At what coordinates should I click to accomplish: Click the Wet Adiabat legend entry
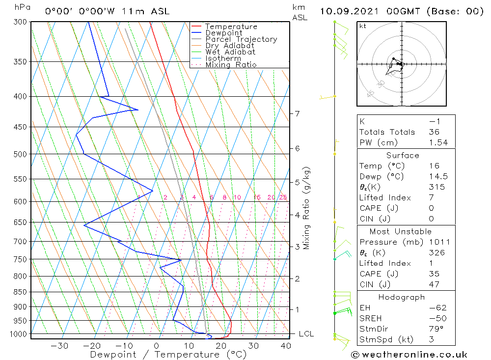click(230, 52)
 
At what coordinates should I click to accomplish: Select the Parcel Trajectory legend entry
click(241, 39)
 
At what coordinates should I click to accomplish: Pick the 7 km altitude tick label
click(297, 113)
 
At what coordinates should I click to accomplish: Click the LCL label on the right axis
click(306, 334)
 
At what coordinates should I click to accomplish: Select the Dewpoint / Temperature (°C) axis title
click(168, 354)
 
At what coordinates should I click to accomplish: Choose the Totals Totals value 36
click(434, 132)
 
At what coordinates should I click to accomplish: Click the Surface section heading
click(403, 156)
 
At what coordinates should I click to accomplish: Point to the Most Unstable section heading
click(401, 231)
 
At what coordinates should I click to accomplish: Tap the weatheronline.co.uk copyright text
click(409, 354)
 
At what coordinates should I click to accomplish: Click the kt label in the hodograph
click(363, 26)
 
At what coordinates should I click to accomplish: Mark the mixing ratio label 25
click(283, 197)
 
